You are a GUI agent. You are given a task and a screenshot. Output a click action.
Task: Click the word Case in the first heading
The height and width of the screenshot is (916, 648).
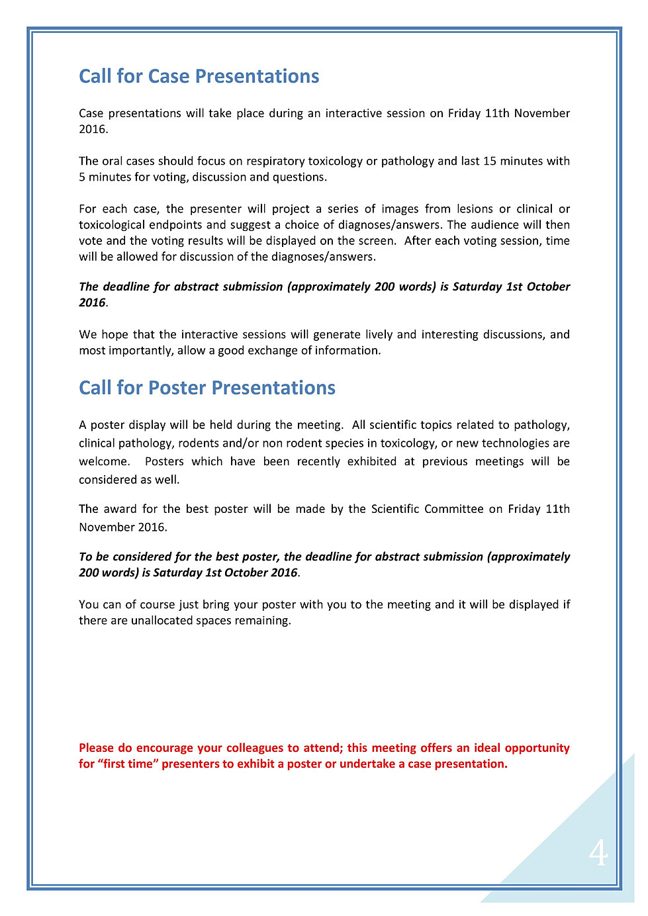169,77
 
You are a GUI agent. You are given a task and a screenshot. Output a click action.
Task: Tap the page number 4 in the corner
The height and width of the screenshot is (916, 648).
598,853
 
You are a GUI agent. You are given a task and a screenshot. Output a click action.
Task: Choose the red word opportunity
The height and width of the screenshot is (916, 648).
537,748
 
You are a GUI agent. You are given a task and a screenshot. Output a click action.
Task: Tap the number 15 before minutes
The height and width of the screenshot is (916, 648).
490,161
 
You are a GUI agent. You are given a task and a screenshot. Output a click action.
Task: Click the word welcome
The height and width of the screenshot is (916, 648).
103,461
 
